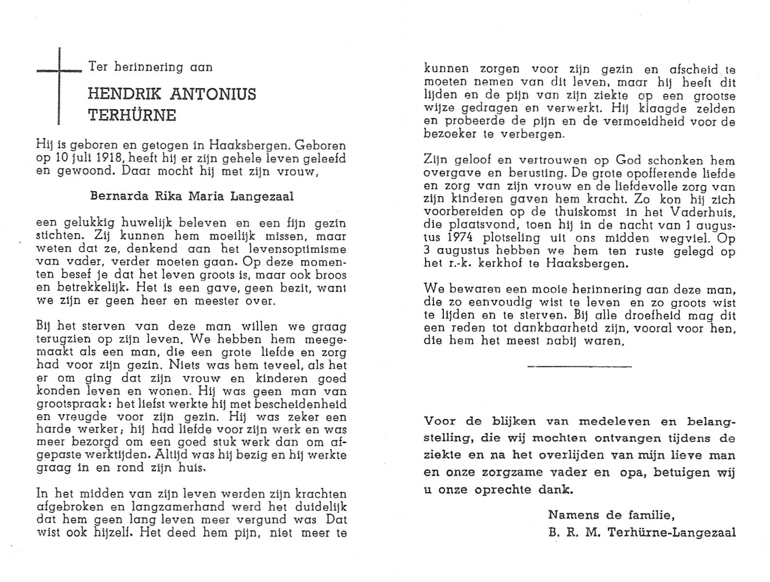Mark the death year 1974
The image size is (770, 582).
(456, 238)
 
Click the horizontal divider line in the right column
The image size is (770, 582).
(579, 366)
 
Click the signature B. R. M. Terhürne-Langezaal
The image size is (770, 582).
(642, 532)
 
